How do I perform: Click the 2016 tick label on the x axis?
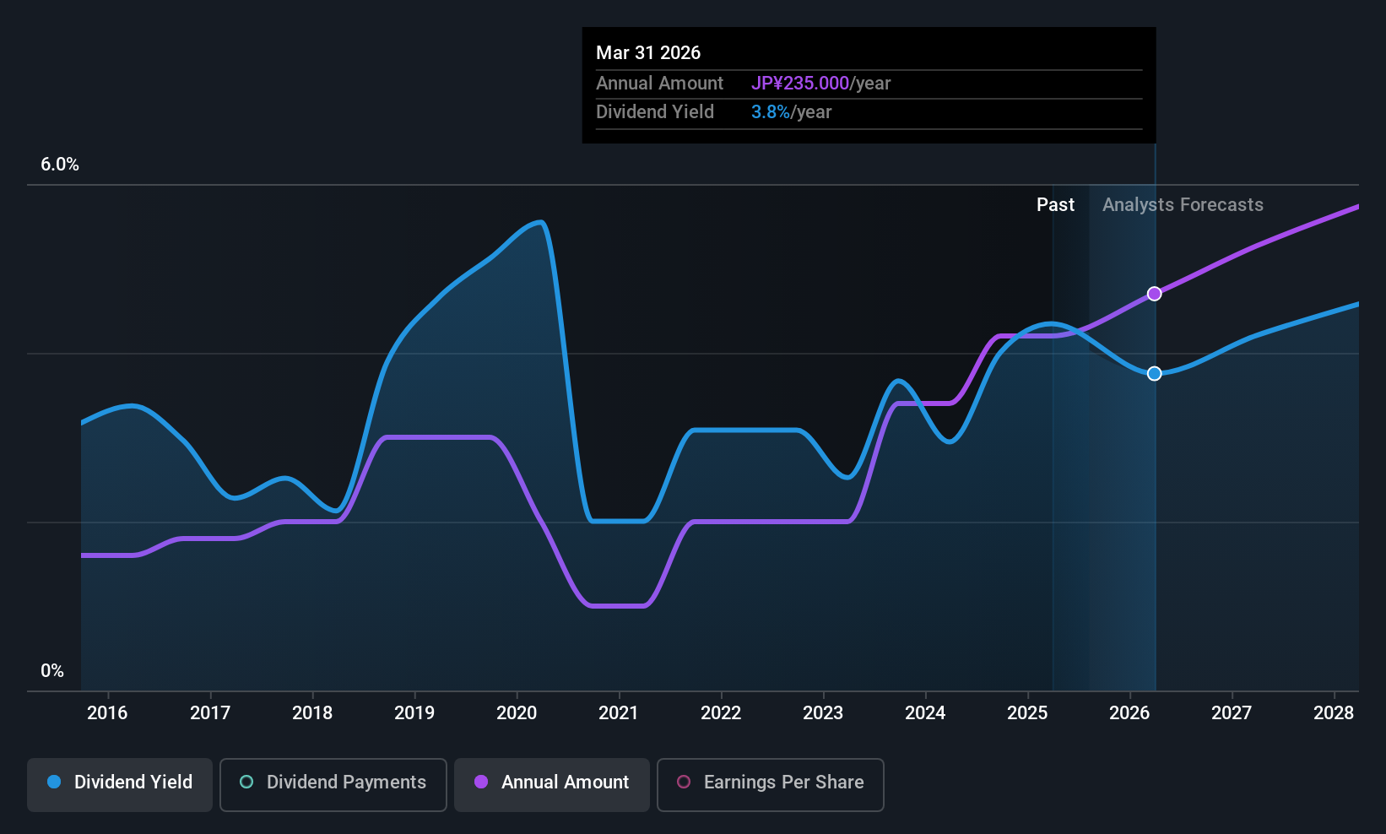coord(107,713)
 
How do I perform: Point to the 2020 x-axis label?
coord(517,713)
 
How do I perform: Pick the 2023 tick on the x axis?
coord(823,713)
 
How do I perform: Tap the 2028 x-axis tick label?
coord(1334,713)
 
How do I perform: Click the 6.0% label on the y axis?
coord(60,165)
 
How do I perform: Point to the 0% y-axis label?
coord(52,671)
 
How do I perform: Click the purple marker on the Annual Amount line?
coord(1154,294)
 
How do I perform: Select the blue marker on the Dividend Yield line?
coord(1154,373)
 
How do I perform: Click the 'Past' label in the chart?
coord(1055,205)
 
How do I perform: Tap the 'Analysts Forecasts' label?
coord(1183,205)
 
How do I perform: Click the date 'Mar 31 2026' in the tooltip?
coord(648,52)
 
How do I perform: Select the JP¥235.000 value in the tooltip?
coord(800,84)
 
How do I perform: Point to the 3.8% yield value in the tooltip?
coord(771,112)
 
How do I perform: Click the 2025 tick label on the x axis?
coord(1027,713)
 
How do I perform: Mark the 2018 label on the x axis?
coord(312,713)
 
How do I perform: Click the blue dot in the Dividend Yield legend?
coord(54,783)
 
